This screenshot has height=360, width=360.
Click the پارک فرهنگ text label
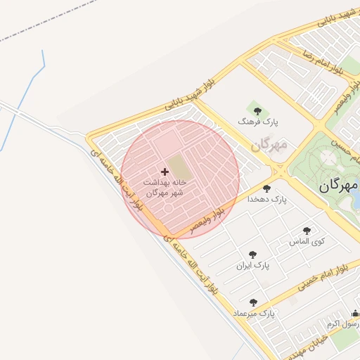(x=258, y=122)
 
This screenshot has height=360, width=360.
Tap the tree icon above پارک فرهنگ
(x=258, y=110)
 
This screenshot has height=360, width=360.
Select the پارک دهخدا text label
(x=267, y=200)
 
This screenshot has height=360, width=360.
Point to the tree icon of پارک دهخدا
(x=266, y=188)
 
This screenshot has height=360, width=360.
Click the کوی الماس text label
(x=307, y=241)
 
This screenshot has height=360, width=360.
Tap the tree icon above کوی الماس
(x=307, y=230)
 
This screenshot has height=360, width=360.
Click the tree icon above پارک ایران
(x=252, y=255)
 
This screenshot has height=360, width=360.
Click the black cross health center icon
(x=165, y=171)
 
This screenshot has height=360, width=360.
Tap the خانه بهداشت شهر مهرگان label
(x=165, y=186)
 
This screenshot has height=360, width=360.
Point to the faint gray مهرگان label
(x=269, y=146)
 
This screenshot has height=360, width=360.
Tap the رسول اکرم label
(x=343, y=324)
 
